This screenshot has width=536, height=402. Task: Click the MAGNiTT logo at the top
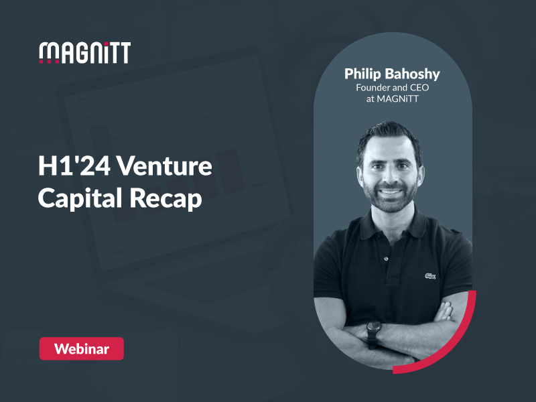pos(84,52)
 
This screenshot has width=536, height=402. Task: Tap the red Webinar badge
pos(81,348)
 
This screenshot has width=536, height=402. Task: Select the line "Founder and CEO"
pos(392,87)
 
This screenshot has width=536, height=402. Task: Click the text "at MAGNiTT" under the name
pos(392,99)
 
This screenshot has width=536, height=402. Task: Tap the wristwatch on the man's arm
pos(373,330)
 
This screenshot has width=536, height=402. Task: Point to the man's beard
pos(392,201)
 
